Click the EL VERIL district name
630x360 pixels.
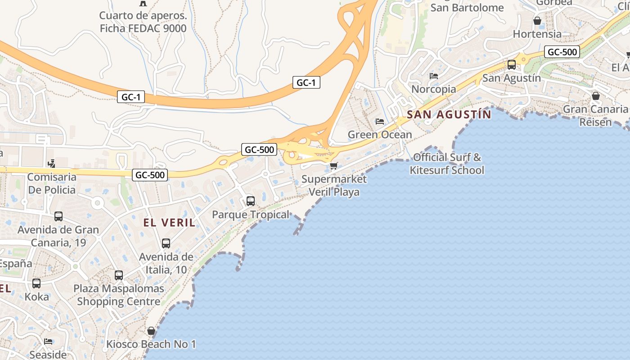tap(169, 222)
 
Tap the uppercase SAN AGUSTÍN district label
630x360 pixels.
tap(449, 115)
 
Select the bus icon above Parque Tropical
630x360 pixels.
tap(251, 201)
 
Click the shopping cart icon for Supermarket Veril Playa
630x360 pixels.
tap(333, 166)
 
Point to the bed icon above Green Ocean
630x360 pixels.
tap(380, 121)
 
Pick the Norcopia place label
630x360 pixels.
tap(434, 89)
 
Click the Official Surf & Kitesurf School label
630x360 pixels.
tap(447, 164)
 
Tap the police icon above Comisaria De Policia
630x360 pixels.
tap(52, 163)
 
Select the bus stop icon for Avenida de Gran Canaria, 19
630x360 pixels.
tap(58, 216)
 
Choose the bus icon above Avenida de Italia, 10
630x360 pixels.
tap(166, 243)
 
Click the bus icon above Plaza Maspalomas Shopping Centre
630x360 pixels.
tap(119, 275)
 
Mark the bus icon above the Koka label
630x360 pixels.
tap(36, 283)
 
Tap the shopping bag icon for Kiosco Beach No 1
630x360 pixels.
tap(151, 331)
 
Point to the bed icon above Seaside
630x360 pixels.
tap(48, 342)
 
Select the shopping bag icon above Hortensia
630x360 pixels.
tap(537, 21)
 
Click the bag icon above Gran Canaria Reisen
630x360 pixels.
tap(596, 96)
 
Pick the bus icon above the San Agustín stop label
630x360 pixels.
tap(512, 64)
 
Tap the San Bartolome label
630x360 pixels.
tap(467, 8)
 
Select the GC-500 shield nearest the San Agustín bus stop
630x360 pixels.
tap(562, 52)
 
